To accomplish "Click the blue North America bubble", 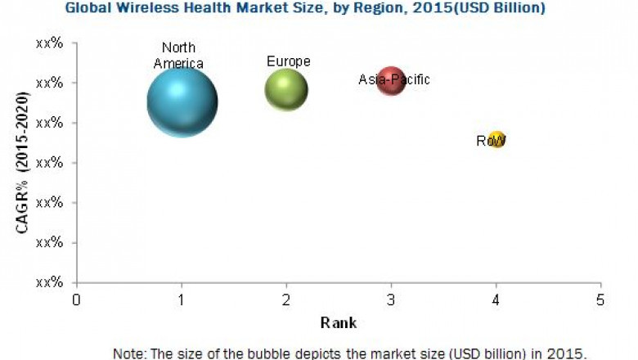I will tap(182, 102).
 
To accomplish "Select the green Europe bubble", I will tap(286, 89).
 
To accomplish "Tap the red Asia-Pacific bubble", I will tap(392, 81).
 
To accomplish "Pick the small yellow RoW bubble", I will tap(496, 141).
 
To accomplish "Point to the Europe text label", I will tap(288, 61).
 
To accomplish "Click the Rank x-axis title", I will tap(339, 322).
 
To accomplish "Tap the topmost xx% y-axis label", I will tap(50, 43).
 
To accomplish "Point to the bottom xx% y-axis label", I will tap(50, 281).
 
